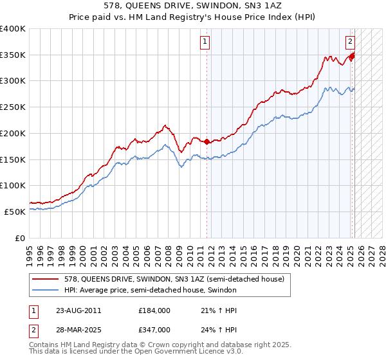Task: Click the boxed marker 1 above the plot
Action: click(205, 42)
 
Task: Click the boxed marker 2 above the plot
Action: click(351, 42)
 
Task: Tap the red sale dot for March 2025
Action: click(352, 56)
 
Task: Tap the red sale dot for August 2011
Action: click(207, 141)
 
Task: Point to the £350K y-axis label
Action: click(13, 55)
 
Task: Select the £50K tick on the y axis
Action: click(16, 212)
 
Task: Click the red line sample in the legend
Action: click(46, 280)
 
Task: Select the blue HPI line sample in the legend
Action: click(46, 291)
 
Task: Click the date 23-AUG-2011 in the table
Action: click(78, 311)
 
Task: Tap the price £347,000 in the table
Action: click(154, 329)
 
